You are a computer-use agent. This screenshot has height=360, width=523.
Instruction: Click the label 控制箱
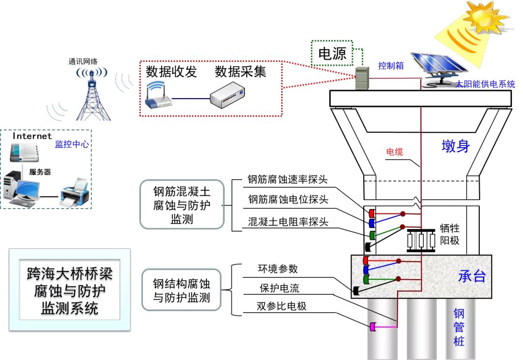[x=391, y=66]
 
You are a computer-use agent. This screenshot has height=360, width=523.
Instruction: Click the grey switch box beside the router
[x=227, y=95]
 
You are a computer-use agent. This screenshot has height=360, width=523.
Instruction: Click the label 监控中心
[x=72, y=144]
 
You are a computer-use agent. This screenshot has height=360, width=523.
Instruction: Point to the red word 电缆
[x=394, y=152]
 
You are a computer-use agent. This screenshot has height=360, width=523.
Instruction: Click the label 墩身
[x=456, y=146]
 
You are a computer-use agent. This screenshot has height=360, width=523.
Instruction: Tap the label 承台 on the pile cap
[x=472, y=276]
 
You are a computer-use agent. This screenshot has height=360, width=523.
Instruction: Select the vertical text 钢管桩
[x=459, y=327]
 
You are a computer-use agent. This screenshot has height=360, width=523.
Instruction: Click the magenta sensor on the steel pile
[x=373, y=327]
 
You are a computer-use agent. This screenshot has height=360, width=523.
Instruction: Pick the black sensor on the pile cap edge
[x=356, y=291]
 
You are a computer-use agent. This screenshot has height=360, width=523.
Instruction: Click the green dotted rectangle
[x=332, y=53]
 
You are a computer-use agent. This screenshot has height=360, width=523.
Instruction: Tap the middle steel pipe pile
[x=421, y=329]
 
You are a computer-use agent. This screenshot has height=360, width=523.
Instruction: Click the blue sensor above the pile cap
[x=371, y=224]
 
